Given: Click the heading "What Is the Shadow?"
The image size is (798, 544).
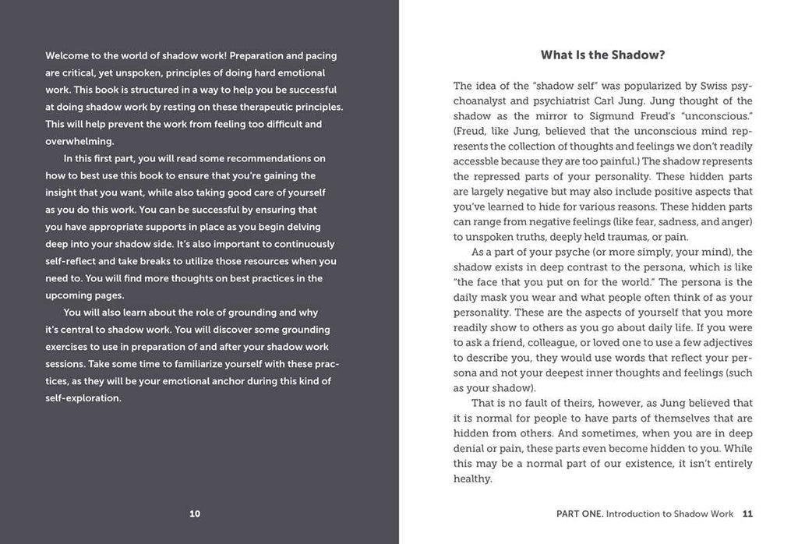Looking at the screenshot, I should click(602, 55).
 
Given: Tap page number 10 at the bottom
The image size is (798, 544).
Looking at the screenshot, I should click(195, 514).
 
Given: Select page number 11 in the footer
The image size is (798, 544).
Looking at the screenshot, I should click(747, 514).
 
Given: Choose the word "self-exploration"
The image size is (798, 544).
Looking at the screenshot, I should click(83, 398).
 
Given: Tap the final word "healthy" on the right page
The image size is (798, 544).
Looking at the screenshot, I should click(471, 479).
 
